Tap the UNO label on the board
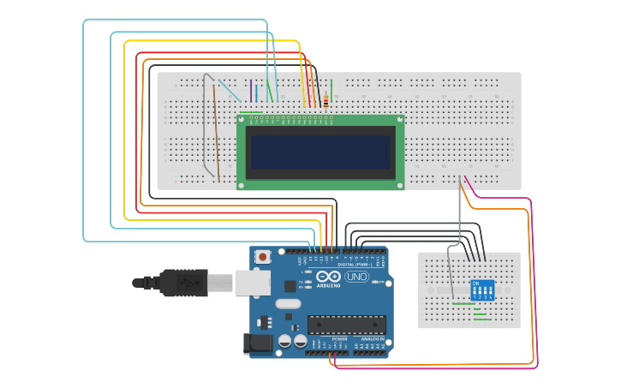(x=356, y=277)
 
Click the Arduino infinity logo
(x=329, y=277)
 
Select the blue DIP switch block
(x=483, y=290)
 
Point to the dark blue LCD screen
(x=320, y=152)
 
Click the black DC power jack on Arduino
(x=260, y=344)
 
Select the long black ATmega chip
(x=346, y=325)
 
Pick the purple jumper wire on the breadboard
(x=250, y=92)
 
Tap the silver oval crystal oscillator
(x=289, y=303)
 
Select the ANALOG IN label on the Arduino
(x=372, y=339)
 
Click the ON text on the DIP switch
(x=476, y=282)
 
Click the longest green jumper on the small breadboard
(x=463, y=303)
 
